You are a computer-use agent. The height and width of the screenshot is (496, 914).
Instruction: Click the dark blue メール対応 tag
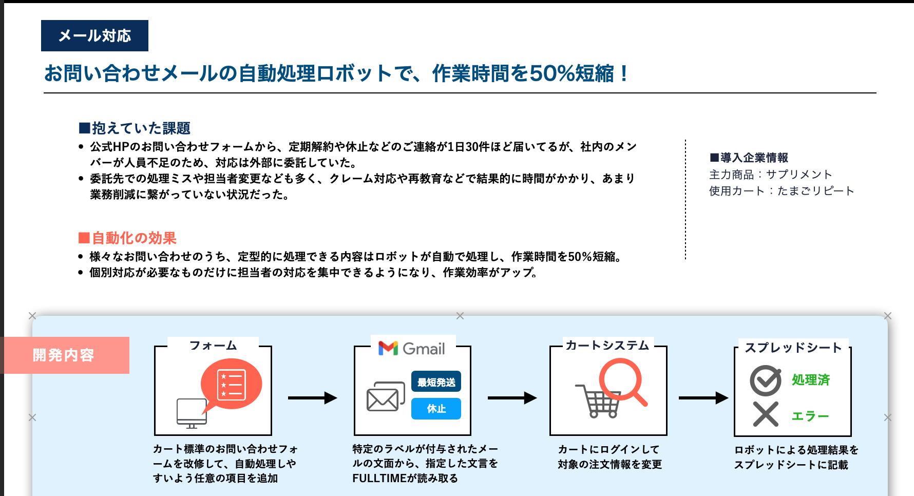(94, 35)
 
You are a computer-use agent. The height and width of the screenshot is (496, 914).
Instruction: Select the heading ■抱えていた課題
(135, 128)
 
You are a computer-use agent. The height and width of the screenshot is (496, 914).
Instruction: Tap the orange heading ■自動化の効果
(127, 238)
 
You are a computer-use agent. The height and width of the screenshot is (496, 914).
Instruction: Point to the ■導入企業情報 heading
(749, 158)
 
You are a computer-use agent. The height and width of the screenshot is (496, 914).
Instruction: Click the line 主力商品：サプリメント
(770, 175)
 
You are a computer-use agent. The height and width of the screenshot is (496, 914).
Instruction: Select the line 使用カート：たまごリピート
(782, 191)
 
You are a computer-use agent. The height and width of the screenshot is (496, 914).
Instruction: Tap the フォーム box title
(213, 346)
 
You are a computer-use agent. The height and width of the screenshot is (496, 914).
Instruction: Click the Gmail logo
(412, 349)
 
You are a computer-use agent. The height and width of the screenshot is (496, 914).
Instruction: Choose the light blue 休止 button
(436, 409)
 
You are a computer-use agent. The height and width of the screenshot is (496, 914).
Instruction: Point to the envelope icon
(386, 396)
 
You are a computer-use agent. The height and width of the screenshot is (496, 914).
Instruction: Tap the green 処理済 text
(811, 380)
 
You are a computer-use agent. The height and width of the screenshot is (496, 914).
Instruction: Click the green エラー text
(810, 416)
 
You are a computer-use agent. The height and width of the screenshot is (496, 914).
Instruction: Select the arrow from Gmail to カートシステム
(512, 397)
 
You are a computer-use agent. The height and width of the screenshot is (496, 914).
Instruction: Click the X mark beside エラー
(766, 414)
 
